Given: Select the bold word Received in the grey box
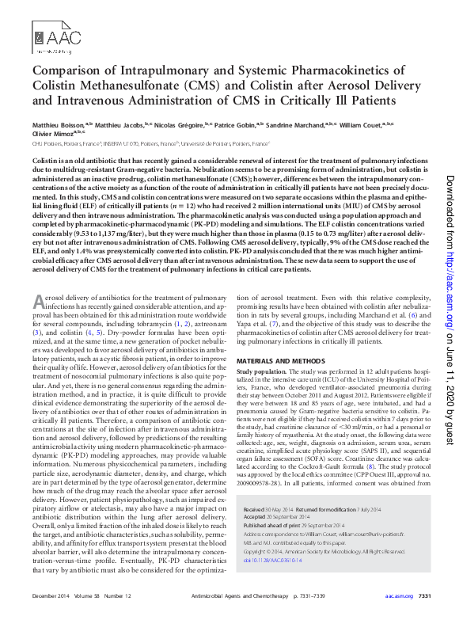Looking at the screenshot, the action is pyautogui.click(x=255, y=509).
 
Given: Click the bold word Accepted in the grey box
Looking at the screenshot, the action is pyautogui.click(x=256, y=516).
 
